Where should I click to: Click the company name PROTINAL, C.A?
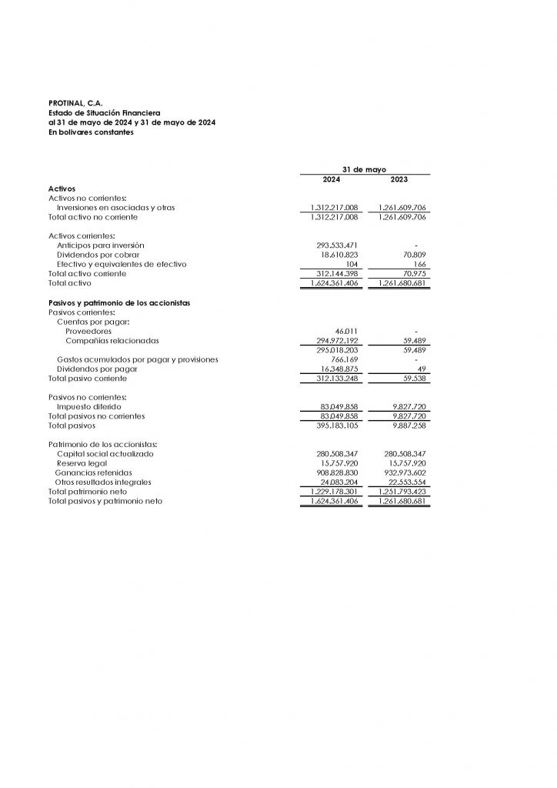click(x=69, y=104)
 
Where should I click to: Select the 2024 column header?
click(x=332, y=179)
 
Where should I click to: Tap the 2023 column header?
click(x=399, y=179)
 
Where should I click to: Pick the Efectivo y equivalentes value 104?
click(x=352, y=264)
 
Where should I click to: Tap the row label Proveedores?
click(x=88, y=331)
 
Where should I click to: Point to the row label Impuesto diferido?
click(x=88, y=406)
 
